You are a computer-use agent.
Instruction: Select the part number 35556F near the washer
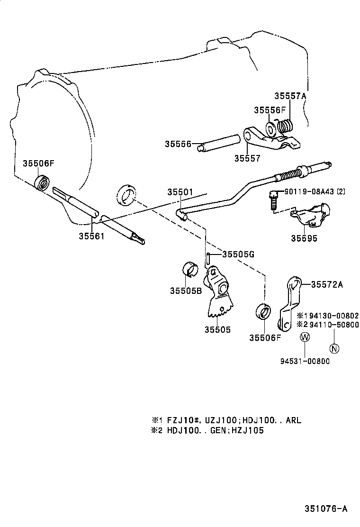click(270, 110)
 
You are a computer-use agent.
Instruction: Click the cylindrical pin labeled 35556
click(221, 144)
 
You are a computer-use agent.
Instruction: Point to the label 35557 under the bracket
click(247, 158)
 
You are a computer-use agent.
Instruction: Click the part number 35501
click(180, 192)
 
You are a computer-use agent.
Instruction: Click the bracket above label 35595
click(309, 215)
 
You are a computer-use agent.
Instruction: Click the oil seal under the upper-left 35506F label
click(43, 182)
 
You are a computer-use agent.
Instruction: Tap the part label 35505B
click(186, 291)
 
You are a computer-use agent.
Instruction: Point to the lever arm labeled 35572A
click(289, 303)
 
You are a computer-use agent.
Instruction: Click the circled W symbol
click(305, 337)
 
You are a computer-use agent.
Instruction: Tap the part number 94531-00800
click(305, 361)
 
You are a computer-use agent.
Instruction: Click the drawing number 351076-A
click(326, 509)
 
